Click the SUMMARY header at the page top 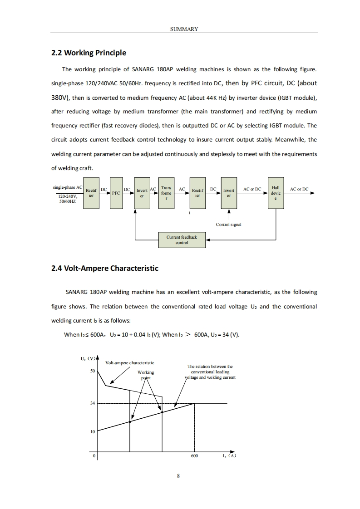coord(184,29)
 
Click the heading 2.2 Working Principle coord(89,53)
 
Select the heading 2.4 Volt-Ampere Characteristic coord(105,268)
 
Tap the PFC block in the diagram coord(116,193)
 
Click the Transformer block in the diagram coord(166,193)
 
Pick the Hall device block coord(276,193)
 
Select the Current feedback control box coord(182,240)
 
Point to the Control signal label coord(229,225)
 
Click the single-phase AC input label coord(68,187)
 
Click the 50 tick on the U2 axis coord(92,371)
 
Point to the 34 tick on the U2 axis coord(92,403)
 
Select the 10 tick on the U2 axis coord(92,431)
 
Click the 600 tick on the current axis coord(194,456)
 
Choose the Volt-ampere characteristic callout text coord(129,362)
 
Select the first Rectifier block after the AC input coord(91,193)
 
